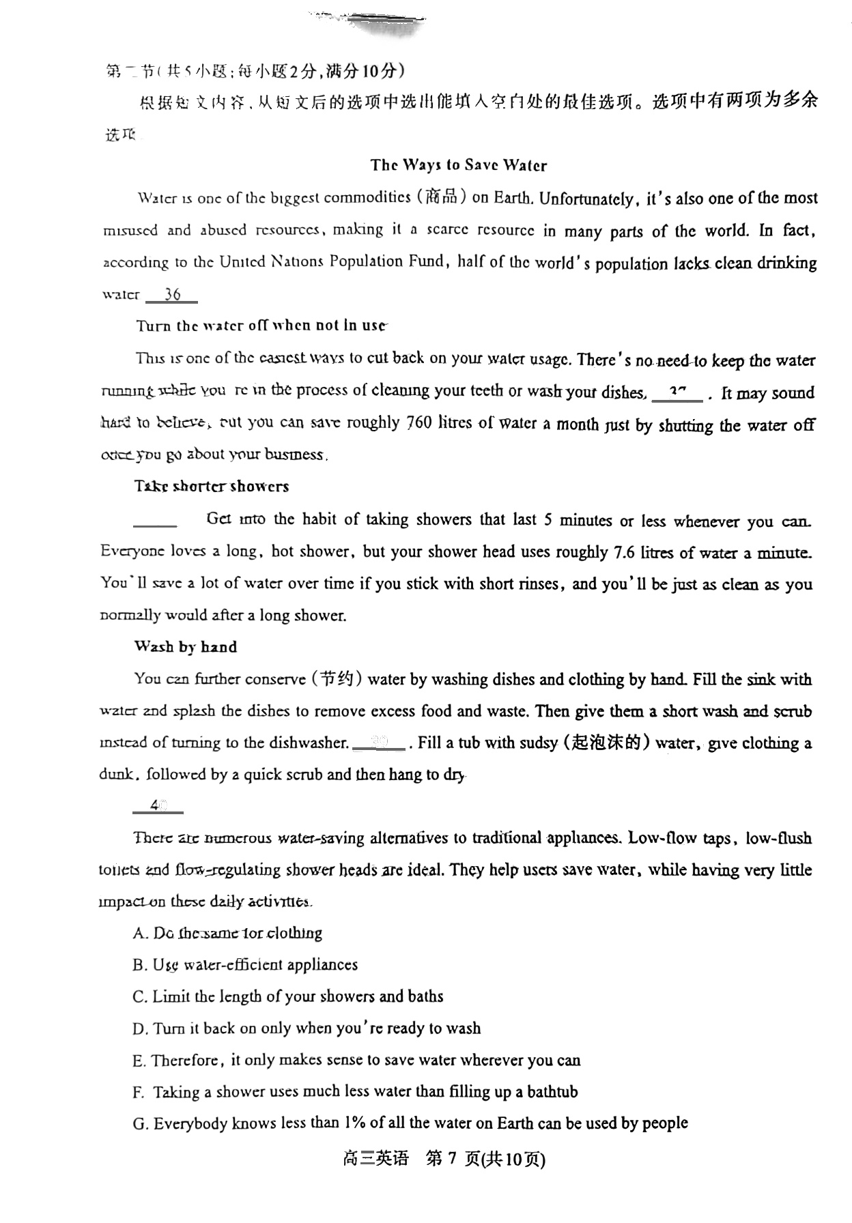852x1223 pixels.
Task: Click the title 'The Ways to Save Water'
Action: point(458,165)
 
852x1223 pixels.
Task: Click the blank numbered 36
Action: point(172,295)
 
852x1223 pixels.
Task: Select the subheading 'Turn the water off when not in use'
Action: point(261,326)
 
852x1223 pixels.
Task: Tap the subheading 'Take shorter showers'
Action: point(212,487)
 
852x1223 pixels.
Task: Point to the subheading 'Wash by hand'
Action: point(186,647)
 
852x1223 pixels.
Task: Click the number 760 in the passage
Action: point(419,423)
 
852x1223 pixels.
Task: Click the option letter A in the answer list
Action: point(139,934)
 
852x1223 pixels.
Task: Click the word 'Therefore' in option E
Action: point(186,1061)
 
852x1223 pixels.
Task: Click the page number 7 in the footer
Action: point(451,1159)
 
